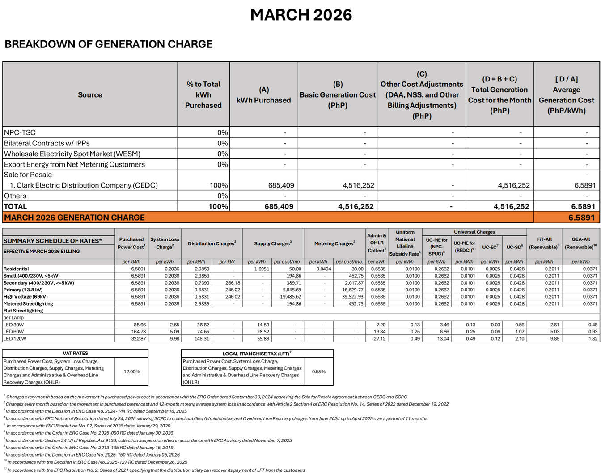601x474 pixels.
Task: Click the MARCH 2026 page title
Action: click(x=301, y=15)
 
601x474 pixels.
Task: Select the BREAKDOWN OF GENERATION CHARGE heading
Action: click(x=109, y=44)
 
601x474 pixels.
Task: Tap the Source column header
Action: click(x=90, y=95)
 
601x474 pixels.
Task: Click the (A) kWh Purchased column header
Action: click(x=263, y=95)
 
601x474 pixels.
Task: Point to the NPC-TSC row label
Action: click(x=20, y=132)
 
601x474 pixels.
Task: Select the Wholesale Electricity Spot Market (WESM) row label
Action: click(x=72, y=154)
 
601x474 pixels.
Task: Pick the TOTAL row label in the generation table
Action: click(x=15, y=206)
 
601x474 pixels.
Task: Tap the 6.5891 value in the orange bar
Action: click(x=581, y=218)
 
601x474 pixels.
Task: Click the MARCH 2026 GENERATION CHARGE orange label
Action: click(x=74, y=218)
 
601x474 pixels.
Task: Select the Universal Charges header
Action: click(x=474, y=232)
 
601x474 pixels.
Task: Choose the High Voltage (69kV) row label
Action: click(x=25, y=297)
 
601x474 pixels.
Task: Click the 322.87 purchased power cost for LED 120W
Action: click(x=138, y=339)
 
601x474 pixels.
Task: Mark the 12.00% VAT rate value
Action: click(x=131, y=372)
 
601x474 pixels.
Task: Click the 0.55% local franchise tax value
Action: click(x=318, y=372)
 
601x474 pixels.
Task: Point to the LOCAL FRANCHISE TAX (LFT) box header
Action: click(x=257, y=353)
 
